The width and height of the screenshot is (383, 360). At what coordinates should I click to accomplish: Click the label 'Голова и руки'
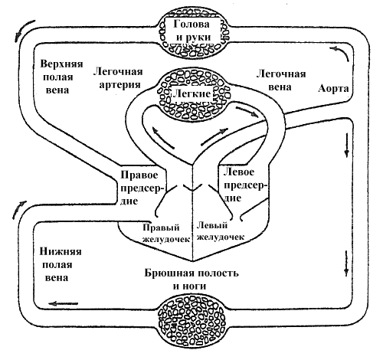click(192, 31)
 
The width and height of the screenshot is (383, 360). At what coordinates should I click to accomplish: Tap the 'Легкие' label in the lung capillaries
click(192, 93)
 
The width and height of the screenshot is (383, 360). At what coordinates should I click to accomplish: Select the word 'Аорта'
click(333, 89)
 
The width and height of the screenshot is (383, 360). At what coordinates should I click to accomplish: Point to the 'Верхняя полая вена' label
click(61, 77)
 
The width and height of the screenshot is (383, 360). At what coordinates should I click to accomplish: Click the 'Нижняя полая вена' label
click(61, 264)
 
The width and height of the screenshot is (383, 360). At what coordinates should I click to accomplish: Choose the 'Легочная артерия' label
click(118, 78)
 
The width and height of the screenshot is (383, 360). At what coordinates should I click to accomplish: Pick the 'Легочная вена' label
click(281, 80)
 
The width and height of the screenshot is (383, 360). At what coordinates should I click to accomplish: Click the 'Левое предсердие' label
click(243, 185)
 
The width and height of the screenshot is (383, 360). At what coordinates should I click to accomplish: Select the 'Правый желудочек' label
click(166, 233)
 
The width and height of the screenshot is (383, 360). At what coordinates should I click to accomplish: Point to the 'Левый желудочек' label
click(220, 231)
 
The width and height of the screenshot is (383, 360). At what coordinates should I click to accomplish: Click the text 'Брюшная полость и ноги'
click(191, 280)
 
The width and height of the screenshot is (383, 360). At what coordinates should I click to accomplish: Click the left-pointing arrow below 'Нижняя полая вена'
click(63, 303)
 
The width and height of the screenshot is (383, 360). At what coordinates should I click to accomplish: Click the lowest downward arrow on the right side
click(346, 263)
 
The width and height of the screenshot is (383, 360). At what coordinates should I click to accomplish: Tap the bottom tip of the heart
click(193, 261)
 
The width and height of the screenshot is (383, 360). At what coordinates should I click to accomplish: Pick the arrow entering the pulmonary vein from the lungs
click(247, 112)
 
